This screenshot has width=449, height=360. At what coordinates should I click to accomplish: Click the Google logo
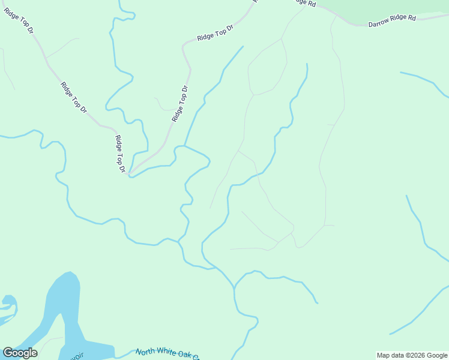20,353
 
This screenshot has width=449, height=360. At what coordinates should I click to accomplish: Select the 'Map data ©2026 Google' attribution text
412,355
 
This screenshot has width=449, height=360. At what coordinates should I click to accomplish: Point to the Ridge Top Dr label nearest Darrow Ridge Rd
214,33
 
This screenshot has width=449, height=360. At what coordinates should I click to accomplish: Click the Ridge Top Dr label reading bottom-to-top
179,104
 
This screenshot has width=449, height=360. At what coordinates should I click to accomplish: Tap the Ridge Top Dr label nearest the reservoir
120,154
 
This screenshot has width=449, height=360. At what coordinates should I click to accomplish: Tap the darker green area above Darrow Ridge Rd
390,6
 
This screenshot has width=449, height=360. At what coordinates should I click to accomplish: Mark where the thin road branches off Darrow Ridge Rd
336,16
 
